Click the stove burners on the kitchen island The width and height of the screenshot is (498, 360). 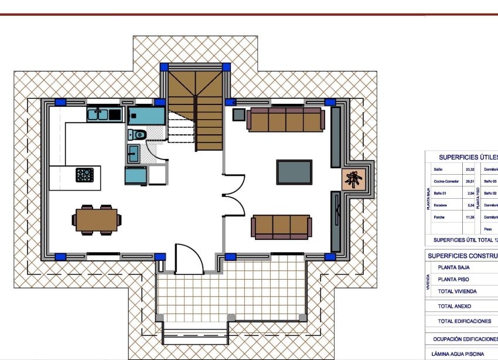tap(84, 174)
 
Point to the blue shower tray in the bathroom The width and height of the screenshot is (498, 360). tap(146, 114)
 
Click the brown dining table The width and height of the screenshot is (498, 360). tap(97, 220)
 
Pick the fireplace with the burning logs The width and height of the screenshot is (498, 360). tap(353, 179)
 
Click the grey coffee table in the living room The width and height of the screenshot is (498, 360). tap(295, 171)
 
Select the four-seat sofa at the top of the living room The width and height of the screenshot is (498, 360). tap(285, 120)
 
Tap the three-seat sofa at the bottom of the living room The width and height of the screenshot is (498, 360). tap(282, 226)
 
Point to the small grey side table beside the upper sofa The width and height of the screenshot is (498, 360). tap(238, 114)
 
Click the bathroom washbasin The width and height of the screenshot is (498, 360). tap(133, 154)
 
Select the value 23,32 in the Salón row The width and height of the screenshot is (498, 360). tap(469, 169)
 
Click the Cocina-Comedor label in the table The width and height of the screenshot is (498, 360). tap(445, 182)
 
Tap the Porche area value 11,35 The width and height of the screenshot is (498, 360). tap(469, 218)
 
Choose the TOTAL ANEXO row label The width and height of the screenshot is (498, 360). tap(454, 306)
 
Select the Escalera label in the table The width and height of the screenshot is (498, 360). tap(440, 206)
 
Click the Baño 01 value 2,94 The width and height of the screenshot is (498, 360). tap(470, 193)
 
